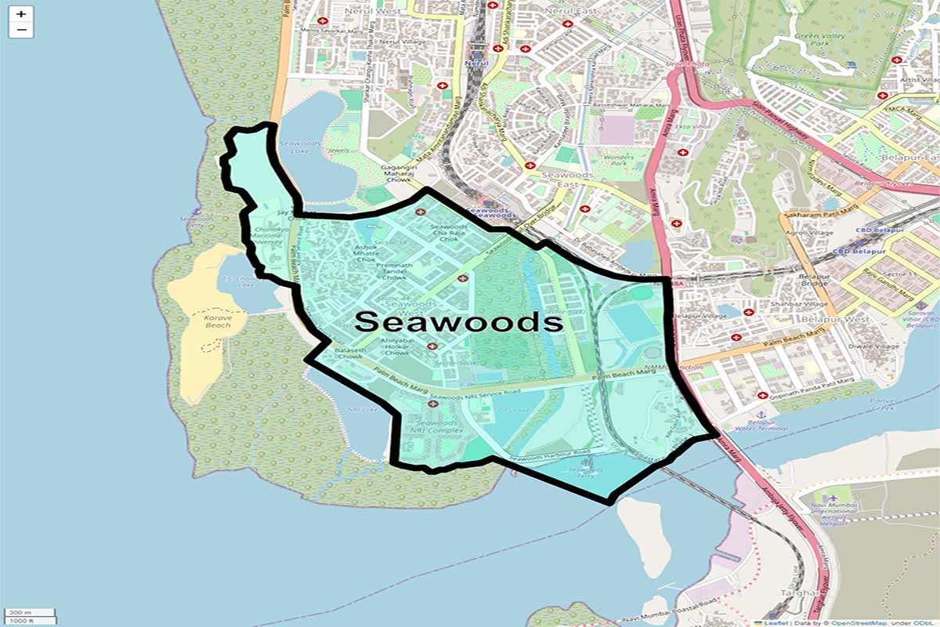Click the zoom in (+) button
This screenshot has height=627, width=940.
tap(21, 14)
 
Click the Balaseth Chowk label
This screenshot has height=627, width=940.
tap(349, 354)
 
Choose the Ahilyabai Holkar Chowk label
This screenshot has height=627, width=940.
tap(396, 346)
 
